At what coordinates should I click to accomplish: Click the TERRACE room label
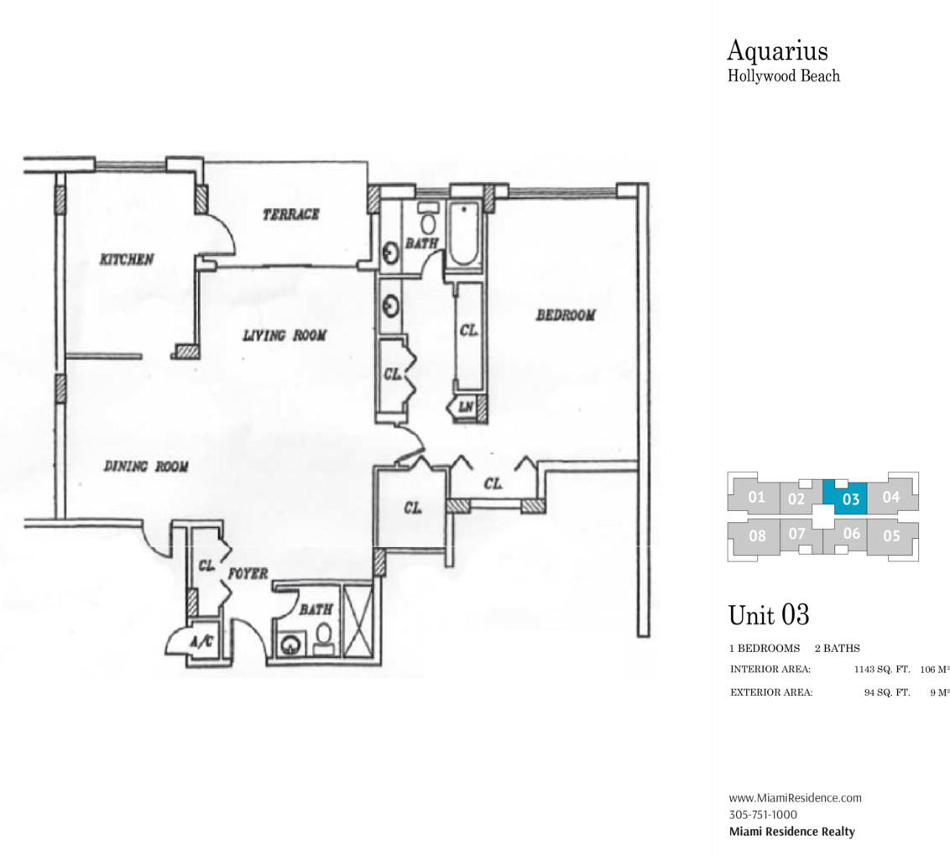[x=290, y=214]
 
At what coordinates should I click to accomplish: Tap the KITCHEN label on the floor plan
[x=127, y=259]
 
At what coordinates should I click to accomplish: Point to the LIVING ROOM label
[x=284, y=336]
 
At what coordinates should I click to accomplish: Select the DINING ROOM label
[x=145, y=467]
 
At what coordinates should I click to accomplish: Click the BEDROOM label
[x=566, y=316]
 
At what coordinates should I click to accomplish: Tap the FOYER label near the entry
[x=248, y=574]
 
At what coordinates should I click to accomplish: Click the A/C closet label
[x=201, y=642]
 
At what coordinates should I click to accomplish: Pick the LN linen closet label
[x=465, y=408]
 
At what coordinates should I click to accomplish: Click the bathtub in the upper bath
[x=462, y=235]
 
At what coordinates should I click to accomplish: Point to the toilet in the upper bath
[x=427, y=222]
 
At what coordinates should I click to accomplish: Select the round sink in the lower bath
[x=291, y=645]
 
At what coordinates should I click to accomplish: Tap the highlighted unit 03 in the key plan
[x=850, y=498]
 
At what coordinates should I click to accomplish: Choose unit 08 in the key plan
[x=756, y=535]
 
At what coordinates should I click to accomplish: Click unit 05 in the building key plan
[x=890, y=535]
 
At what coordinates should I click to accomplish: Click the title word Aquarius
[x=776, y=50]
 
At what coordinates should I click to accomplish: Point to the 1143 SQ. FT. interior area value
[x=881, y=670]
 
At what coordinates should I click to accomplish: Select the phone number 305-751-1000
[x=763, y=814]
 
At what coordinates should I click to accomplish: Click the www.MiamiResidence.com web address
[x=794, y=798]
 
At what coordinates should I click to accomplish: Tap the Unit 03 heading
[x=768, y=614]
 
